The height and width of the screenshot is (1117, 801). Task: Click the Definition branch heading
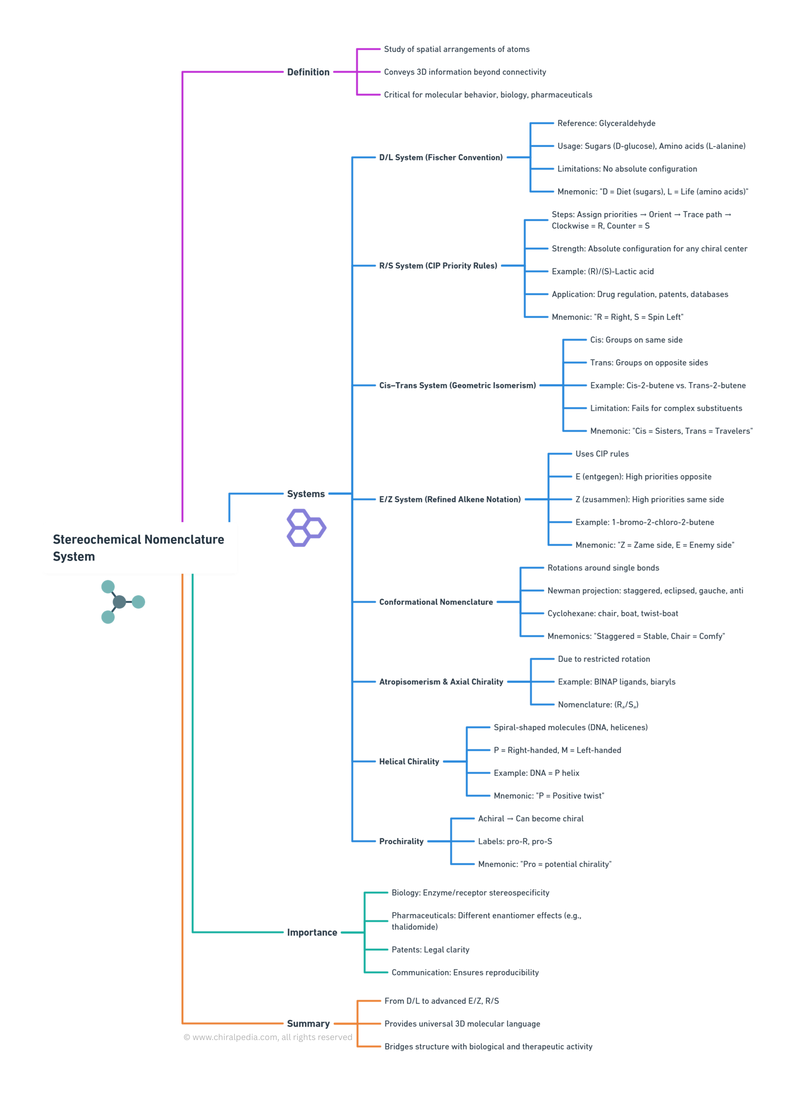point(308,72)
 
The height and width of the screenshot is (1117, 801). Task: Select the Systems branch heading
point(305,494)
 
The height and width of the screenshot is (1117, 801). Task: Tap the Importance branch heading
point(312,932)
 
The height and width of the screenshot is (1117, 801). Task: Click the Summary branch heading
point(308,1023)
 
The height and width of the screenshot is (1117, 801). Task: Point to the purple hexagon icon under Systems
point(306,527)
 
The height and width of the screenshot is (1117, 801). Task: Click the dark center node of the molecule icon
point(119,602)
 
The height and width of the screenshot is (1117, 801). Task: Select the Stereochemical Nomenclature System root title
point(138,548)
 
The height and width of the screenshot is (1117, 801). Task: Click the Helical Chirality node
point(409,762)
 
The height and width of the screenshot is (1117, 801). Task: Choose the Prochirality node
point(401,841)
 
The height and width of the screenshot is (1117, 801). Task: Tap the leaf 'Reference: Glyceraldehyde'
point(606,123)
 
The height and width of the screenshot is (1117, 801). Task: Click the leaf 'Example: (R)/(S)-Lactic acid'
point(602,271)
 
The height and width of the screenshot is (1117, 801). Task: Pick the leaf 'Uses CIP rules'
point(602,454)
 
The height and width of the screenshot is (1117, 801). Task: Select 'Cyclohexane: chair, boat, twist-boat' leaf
point(612,613)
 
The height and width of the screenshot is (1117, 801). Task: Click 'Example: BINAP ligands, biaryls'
point(616,682)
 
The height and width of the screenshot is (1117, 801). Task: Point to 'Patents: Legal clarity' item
point(430,950)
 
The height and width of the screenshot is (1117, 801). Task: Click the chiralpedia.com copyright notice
point(268,1037)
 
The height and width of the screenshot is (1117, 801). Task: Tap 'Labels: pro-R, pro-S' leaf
point(515,841)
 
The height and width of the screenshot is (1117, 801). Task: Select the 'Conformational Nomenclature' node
point(435,602)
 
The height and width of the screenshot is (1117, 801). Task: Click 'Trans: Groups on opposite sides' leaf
point(649,363)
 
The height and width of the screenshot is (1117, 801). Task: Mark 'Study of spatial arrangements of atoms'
point(457,49)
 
